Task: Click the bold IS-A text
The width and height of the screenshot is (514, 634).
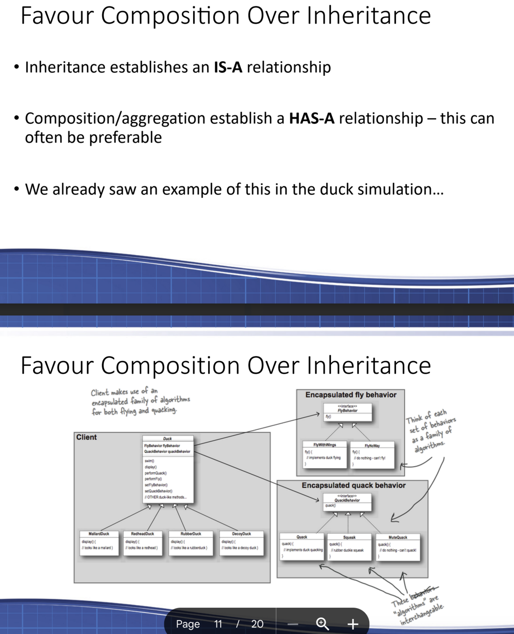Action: (228, 67)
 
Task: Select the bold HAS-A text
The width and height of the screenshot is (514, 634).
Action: (312, 119)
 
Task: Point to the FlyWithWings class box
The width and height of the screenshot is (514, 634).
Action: (324, 454)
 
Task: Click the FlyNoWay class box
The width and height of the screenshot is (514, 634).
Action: (372, 455)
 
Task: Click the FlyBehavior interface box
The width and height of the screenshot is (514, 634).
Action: (348, 412)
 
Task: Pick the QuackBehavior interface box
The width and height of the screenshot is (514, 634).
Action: (347, 501)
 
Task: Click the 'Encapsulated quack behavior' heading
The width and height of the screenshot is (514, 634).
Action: (353, 485)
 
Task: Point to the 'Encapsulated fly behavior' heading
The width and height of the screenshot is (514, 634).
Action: (351, 395)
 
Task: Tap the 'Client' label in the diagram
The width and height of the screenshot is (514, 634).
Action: (86, 437)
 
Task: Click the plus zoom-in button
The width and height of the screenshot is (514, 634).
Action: (353, 624)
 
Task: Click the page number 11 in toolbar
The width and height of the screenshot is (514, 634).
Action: (218, 624)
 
